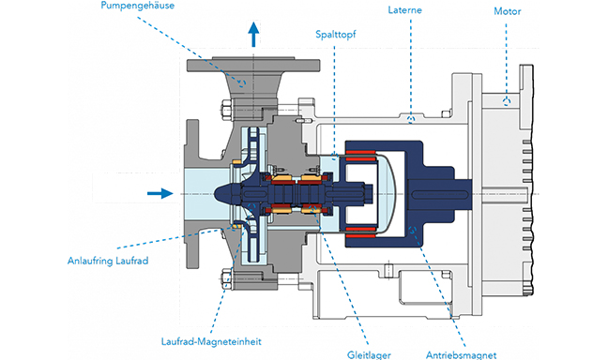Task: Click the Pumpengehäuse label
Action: (x=137, y=6)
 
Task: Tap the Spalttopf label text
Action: (x=335, y=35)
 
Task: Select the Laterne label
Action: (x=404, y=10)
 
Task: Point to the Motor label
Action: (x=508, y=11)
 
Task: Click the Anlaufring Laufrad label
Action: (x=108, y=261)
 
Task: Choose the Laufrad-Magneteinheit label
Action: (x=211, y=342)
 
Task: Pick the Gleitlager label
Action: (x=369, y=354)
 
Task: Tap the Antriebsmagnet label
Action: (x=461, y=355)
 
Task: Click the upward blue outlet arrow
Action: (x=253, y=34)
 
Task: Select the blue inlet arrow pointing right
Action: (x=160, y=193)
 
